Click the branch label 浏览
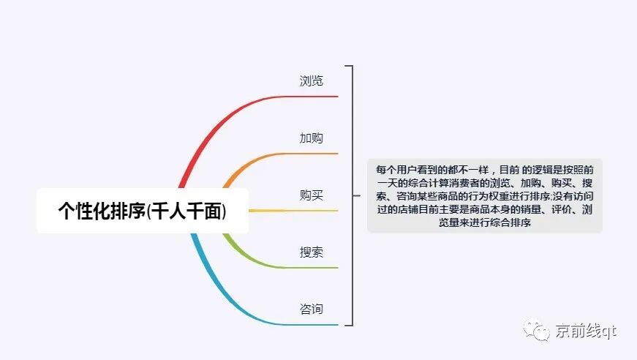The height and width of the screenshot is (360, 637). pos(312,80)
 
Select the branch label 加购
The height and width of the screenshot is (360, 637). pos(312,138)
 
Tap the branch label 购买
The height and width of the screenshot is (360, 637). pos(312,195)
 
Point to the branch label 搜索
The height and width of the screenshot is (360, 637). pos(312,252)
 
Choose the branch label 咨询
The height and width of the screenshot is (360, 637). pos(312,310)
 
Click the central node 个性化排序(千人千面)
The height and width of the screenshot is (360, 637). pos(143,211)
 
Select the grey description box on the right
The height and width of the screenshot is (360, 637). pos(484,195)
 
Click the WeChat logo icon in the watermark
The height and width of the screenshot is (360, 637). pos(541,332)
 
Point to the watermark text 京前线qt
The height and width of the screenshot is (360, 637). pos(586,332)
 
